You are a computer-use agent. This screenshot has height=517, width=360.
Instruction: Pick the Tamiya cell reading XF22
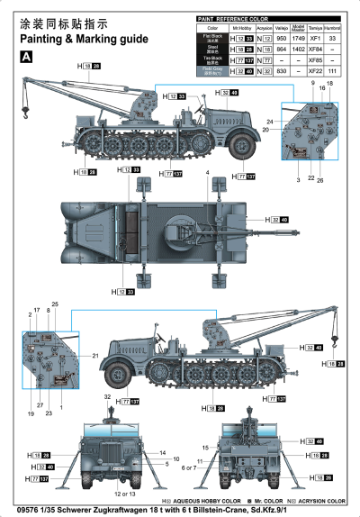(315, 71)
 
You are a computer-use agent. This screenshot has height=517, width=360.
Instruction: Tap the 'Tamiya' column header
(315, 29)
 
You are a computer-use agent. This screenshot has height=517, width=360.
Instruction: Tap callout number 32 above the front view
(106, 397)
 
